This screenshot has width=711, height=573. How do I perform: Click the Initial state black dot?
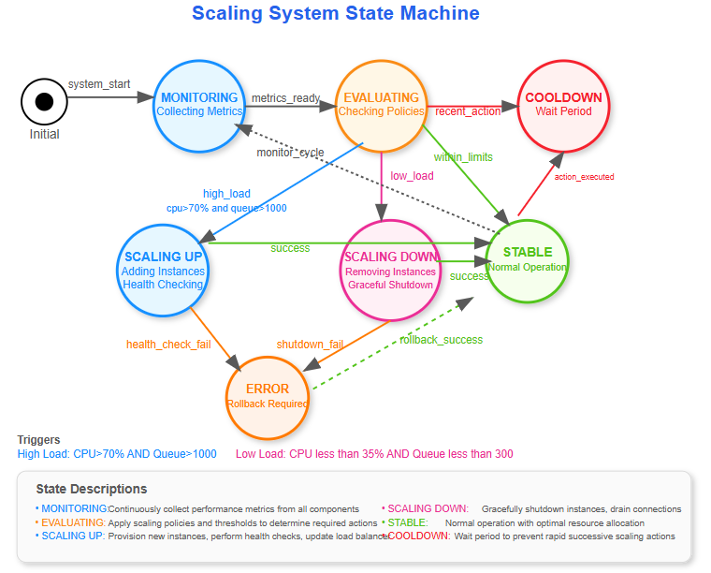pyautogui.click(x=44, y=102)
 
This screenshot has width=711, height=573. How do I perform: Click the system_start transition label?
pyautogui.click(x=99, y=84)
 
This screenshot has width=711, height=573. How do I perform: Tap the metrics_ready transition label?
pyautogui.click(x=285, y=98)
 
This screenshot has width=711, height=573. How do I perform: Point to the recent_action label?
pyautogui.click(x=468, y=111)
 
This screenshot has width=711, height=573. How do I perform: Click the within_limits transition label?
pyautogui.click(x=463, y=157)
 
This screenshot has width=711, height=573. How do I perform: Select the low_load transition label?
pyautogui.click(x=412, y=176)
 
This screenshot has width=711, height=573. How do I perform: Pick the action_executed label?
pyautogui.click(x=584, y=176)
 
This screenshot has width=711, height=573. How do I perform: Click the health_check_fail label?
pyautogui.click(x=168, y=345)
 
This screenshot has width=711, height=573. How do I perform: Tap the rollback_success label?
pyautogui.click(x=441, y=340)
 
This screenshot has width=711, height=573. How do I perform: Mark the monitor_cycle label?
pyautogui.click(x=290, y=153)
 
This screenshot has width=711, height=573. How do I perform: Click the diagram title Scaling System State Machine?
pyautogui.click(x=336, y=13)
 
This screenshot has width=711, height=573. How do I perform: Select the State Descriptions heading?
pyautogui.click(x=92, y=489)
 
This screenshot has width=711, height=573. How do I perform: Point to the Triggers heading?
pyautogui.click(x=38, y=440)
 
